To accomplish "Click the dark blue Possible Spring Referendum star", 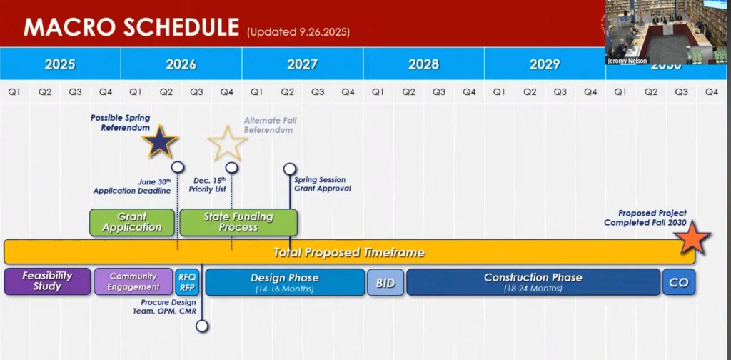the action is click(160, 141).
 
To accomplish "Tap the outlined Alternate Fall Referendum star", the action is click(228, 143).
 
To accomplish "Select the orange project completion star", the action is click(692, 238).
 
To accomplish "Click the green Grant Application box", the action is click(132, 222).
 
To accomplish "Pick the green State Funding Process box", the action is click(238, 222).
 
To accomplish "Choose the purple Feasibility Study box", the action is click(47, 281).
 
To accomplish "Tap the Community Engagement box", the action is click(133, 281).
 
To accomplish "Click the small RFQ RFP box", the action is click(188, 281).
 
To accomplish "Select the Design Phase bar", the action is click(285, 281).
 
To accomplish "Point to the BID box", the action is click(385, 282).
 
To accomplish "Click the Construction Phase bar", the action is click(533, 281).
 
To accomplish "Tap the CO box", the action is click(679, 281).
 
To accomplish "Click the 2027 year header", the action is click(303, 64).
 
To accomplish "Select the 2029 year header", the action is click(545, 64).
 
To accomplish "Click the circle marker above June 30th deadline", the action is click(177, 167).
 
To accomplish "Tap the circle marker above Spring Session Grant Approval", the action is click(290, 169).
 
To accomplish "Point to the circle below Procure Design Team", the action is click(202, 326).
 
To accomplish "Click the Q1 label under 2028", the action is click(378, 92).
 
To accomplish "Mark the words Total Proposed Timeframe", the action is click(348, 252).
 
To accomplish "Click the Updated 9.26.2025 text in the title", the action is click(298, 32).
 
